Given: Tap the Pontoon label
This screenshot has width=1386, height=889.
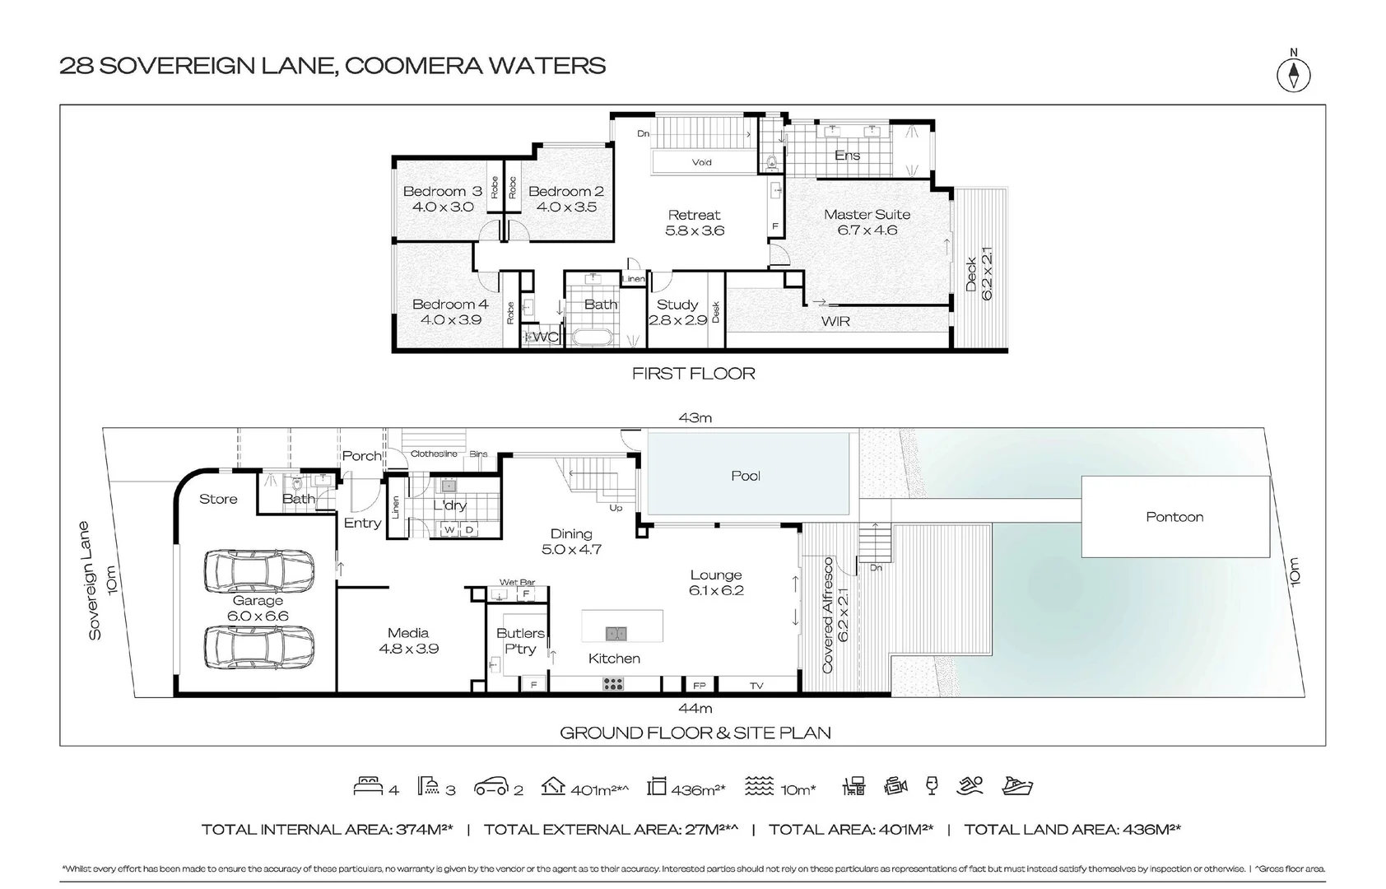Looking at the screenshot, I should [1174, 517].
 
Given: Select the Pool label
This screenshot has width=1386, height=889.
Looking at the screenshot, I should [746, 476].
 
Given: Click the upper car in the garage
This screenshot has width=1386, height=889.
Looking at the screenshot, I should [258, 573].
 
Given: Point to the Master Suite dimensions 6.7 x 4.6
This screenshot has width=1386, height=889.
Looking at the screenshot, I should [867, 230].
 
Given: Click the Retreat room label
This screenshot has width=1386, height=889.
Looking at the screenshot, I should [694, 215].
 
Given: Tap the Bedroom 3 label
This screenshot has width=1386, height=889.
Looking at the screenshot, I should [442, 191].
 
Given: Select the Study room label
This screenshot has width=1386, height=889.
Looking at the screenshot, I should [677, 305].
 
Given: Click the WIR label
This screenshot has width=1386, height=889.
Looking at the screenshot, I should [835, 321].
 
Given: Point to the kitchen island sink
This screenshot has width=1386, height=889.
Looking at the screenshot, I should [616, 633].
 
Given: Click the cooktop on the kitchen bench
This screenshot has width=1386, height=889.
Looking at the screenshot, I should [612, 683].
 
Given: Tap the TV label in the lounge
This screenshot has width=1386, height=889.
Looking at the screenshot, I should [756, 686].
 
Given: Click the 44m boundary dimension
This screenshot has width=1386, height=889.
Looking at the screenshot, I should [695, 709].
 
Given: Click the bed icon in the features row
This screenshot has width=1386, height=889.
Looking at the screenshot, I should [368, 787].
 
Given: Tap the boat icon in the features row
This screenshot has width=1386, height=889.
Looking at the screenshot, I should [1017, 786].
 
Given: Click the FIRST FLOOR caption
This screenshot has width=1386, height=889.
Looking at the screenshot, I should [693, 374].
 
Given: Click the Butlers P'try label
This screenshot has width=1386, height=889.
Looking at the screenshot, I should [519, 640].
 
